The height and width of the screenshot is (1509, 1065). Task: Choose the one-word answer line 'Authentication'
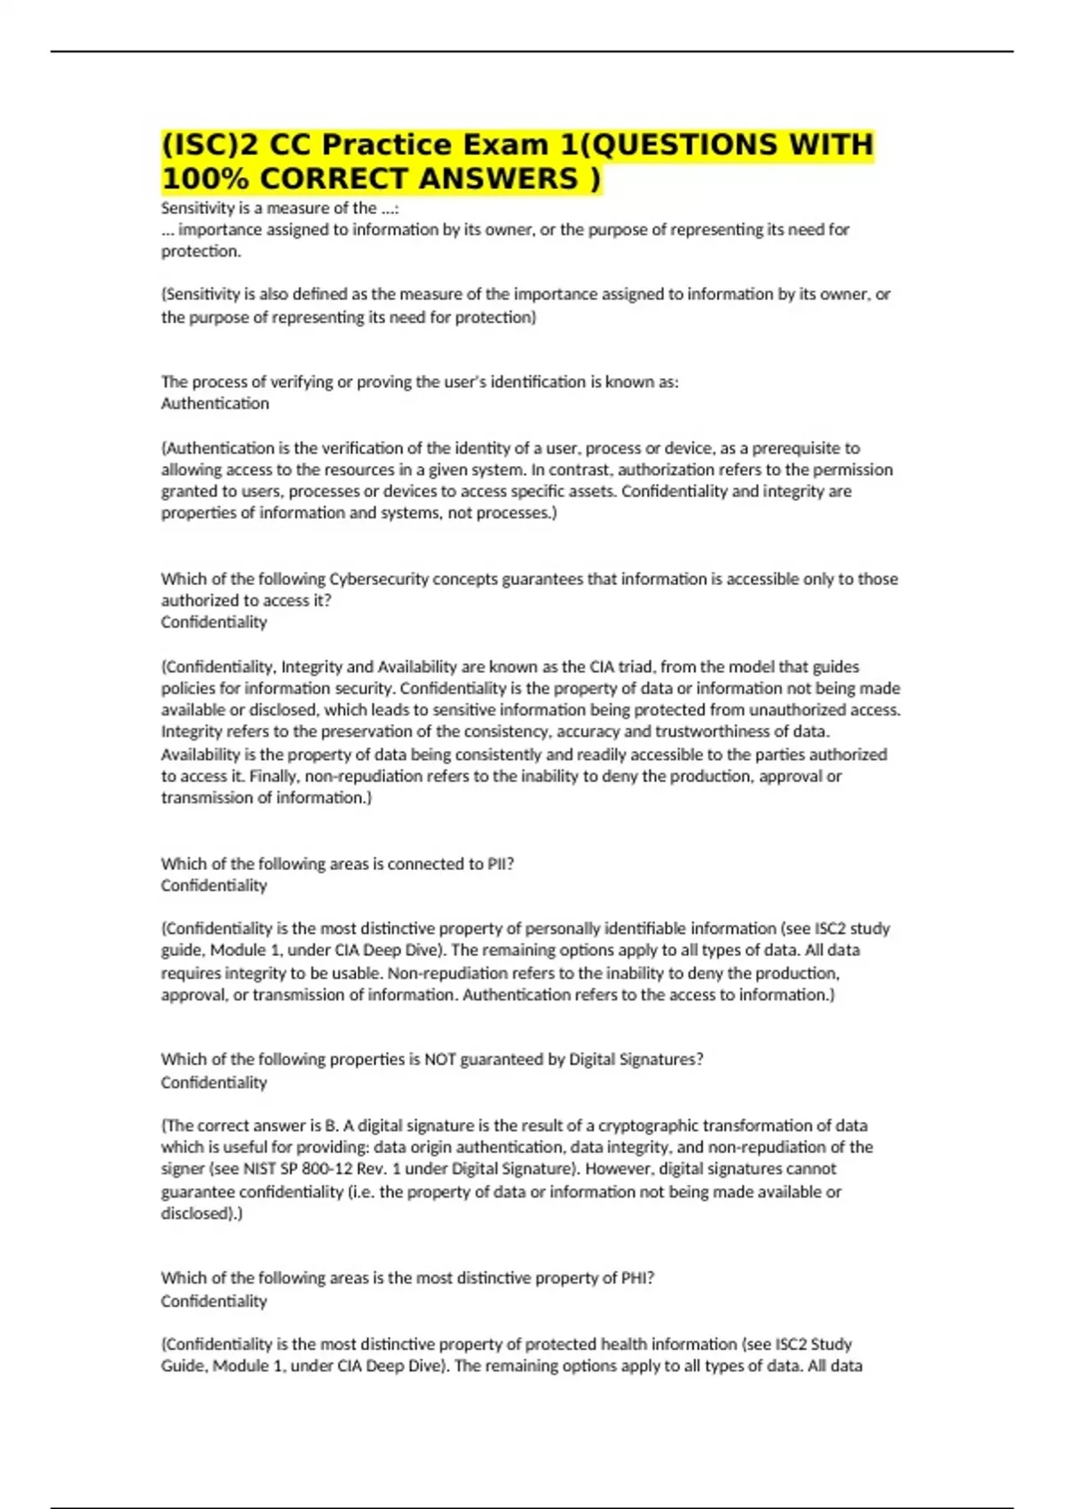pyautogui.click(x=215, y=404)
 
